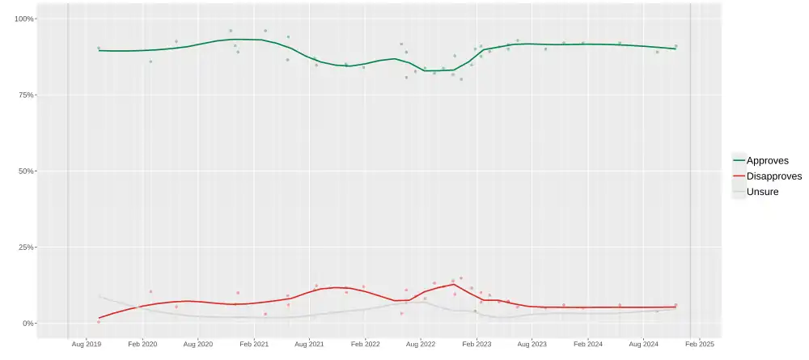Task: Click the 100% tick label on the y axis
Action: (23, 19)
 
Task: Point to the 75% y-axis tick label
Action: (25, 95)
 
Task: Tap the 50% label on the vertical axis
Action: (25, 171)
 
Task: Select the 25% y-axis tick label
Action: (25, 248)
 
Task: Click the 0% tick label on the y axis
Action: (28, 324)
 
